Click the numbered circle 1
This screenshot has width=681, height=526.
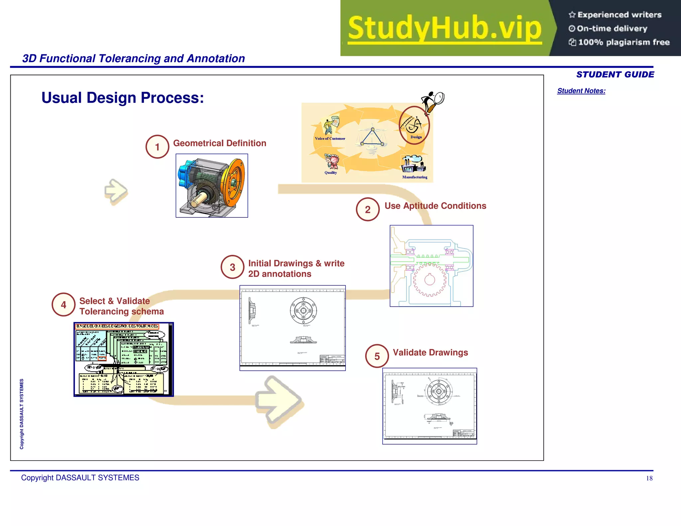(x=157, y=147)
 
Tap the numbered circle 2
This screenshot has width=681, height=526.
(x=367, y=209)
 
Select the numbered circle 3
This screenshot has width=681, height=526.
(x=232, y=267)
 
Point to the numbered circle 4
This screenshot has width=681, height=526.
(x=64, y=305)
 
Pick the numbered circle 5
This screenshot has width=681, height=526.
(x=377, y=356)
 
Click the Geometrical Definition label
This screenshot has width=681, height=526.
(x=219, y=143)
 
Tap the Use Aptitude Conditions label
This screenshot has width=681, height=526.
(x=435, y=206)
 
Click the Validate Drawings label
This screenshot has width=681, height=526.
(x=430, y=352)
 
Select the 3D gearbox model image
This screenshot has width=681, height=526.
(x=212, y=186)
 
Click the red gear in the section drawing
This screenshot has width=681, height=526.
(x=429, y=280)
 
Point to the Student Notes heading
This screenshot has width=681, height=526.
(x=581, y=91)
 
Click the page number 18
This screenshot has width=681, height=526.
(x=649, y=478)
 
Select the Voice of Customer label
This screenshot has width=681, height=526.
(x=330, y=139)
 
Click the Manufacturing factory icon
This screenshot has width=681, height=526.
(x=413, y=164)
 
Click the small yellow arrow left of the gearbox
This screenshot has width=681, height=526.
(x=116, y=192)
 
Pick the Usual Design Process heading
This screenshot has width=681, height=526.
(x=123, y=98)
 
